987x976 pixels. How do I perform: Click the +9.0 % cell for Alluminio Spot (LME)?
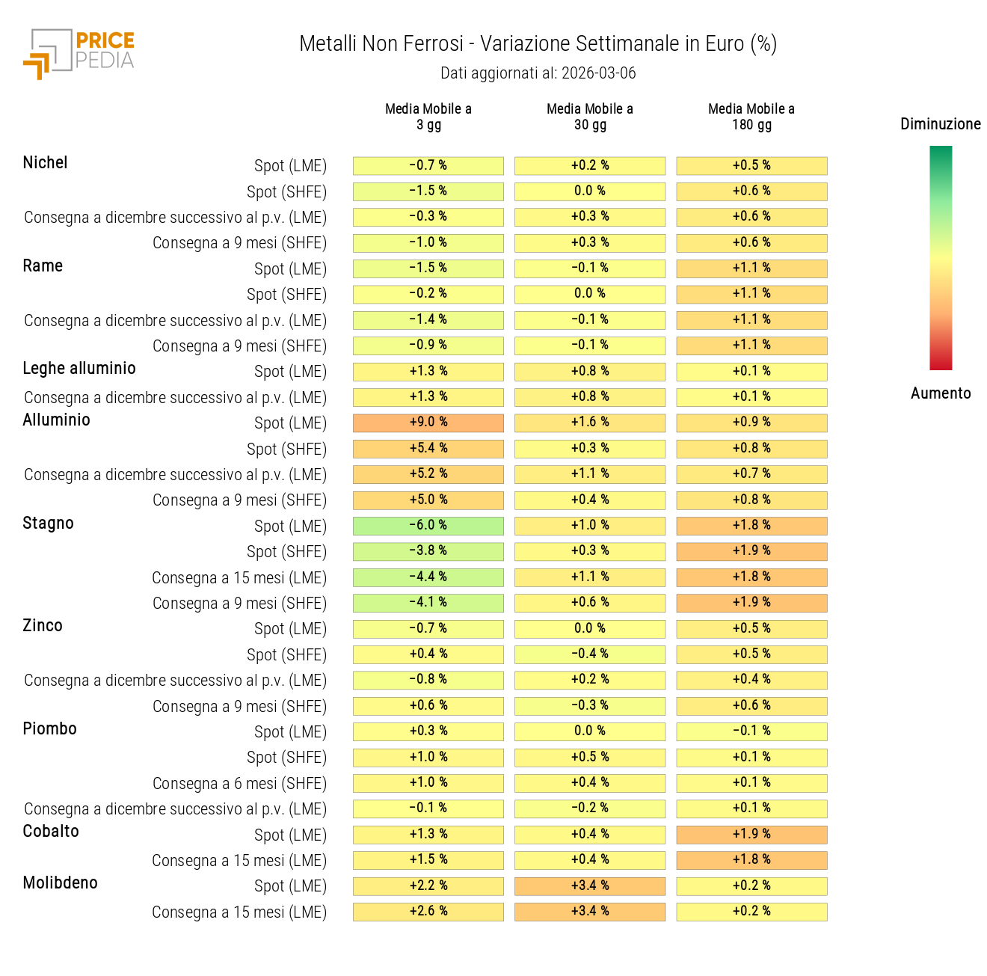[x=428, y=423]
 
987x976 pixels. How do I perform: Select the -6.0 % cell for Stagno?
[x=428, y=526]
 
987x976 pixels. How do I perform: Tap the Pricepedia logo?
[x=79, y=53]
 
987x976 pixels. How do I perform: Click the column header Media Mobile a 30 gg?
[x=590, y=117]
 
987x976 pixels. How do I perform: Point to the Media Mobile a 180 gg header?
[x=751, y=117]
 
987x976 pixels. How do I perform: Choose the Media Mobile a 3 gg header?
[x=428, y=117]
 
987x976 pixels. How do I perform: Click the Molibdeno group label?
[x=61, y=883]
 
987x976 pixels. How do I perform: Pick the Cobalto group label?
[x=51, y=832]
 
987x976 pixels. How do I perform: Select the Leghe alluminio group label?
[x=79, y=369]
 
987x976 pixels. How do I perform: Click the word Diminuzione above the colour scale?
[x=940, y=124]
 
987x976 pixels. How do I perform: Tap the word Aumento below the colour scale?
[x=941, y=393]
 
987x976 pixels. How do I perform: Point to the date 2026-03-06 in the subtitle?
[x=598, y=73]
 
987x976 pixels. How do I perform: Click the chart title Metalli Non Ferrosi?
[x=538, y=44]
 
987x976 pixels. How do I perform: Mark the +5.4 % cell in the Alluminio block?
[x=428, y=449]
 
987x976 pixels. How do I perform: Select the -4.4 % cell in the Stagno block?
[x=428, y=577]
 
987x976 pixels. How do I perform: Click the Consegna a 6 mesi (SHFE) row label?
[x=239, y=784]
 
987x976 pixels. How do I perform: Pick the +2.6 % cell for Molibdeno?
[x=428, y=912]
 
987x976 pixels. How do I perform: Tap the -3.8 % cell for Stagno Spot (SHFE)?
[x=428, y=551]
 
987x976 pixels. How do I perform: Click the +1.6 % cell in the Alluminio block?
[x=590, y=423]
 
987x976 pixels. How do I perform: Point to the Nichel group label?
[x=45, y=163]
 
